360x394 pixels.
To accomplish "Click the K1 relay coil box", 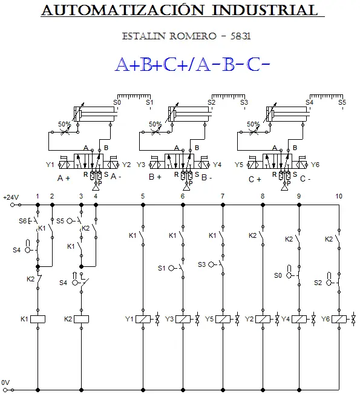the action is (38, 319).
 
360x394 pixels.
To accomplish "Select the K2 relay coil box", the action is (81, 319).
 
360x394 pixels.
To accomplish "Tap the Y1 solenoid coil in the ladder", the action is (143, 319).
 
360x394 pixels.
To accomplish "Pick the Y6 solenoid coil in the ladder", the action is (339, 319).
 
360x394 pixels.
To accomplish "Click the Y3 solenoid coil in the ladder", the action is (183, 319).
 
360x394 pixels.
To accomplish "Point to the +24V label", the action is (11, 197).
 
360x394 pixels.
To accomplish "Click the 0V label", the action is (5, 383).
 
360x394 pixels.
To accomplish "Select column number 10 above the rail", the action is (339, 196).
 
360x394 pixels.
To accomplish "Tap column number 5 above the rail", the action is (143, 196).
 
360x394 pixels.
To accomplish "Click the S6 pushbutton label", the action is (22, 221).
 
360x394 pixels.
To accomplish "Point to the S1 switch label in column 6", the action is (162, 268).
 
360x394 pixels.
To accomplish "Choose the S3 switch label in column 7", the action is (201, 264).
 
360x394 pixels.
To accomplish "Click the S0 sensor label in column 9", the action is (278, 275).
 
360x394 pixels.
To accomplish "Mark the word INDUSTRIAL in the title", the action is (265, 10).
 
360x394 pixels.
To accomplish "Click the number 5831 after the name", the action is (241, 36).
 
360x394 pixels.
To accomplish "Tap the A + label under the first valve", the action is (64, 178).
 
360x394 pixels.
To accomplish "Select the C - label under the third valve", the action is (305, 179).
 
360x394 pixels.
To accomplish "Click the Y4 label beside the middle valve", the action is (217, 165).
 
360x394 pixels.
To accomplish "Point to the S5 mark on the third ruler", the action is (342, 102).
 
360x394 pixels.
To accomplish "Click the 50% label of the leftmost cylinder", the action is (65, 124).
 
